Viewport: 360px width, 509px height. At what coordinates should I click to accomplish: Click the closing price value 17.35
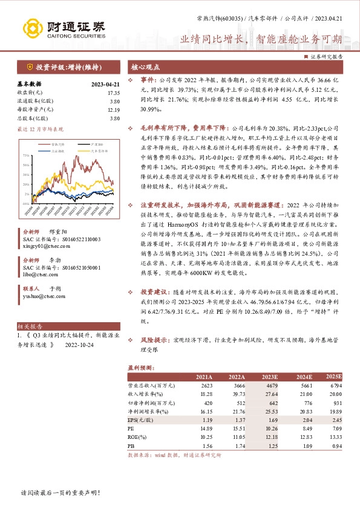(114, 93)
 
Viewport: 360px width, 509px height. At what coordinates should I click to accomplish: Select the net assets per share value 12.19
(114, 109)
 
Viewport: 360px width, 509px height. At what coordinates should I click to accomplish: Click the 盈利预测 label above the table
(140, 367)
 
